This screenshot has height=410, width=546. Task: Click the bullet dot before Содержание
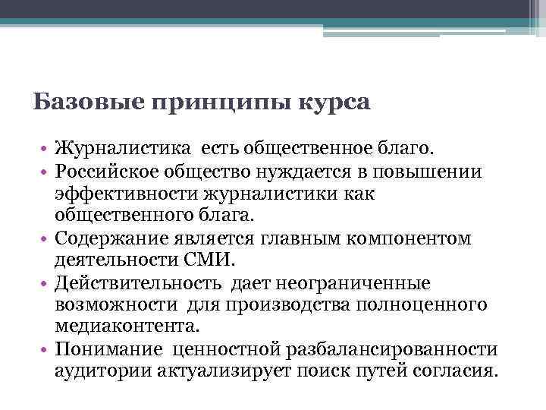tap(45, 240)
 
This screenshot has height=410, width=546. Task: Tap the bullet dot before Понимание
tap(45, 350)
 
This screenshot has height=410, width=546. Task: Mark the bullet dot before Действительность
tap(45, 284)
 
